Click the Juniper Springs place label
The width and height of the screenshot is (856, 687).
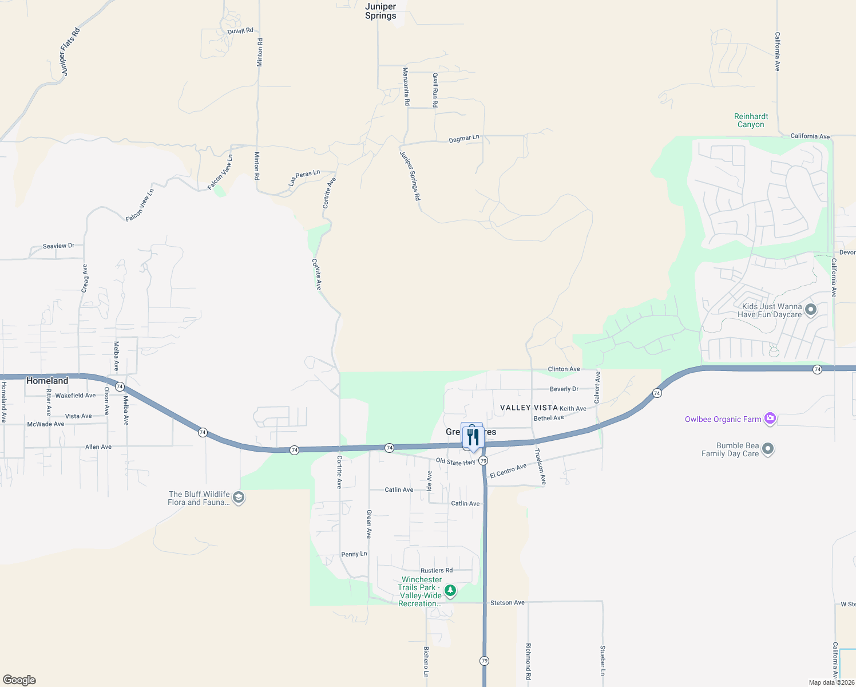[381, 11]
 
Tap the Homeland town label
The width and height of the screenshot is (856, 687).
[47, 381]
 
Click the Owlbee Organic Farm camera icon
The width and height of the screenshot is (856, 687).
[770, 419]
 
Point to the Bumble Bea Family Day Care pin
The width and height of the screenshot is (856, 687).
[768, 449]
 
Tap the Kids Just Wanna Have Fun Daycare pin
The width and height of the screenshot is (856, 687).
[810, 310]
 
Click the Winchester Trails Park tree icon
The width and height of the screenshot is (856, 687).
[450, 590]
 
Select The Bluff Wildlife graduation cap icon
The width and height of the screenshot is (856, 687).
[239, 498]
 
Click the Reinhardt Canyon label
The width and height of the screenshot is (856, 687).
[751, 120]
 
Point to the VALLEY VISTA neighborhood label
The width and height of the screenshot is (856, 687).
[529, 408]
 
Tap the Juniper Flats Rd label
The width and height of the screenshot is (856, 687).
[70, 52]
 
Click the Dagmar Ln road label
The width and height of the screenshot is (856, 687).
[463, 139]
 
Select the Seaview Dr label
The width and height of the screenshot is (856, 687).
[58, 246]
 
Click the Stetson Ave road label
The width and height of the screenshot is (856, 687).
[507, 603]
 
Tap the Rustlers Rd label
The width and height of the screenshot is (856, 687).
[436, 571]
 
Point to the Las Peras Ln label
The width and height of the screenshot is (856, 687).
[304, 177]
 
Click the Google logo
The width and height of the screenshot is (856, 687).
[19, 680]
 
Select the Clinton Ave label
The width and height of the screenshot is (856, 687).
[564, 369]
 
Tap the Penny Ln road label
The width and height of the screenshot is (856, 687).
[354, 554]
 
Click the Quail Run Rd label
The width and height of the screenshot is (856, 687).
[435, 90]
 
